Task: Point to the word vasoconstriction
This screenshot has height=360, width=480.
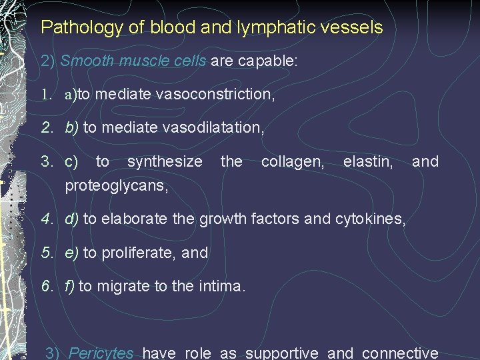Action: point(215,95)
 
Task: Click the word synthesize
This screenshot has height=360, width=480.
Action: point(165,161)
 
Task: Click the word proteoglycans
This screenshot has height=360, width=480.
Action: point(116,185)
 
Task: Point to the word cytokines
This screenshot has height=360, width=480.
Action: point(372,219)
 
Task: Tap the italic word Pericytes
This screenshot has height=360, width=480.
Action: point(101,353)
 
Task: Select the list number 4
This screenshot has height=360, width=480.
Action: point(45,219)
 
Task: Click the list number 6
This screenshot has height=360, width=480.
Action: point(45,287)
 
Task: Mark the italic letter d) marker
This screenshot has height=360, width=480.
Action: point(71,219)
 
